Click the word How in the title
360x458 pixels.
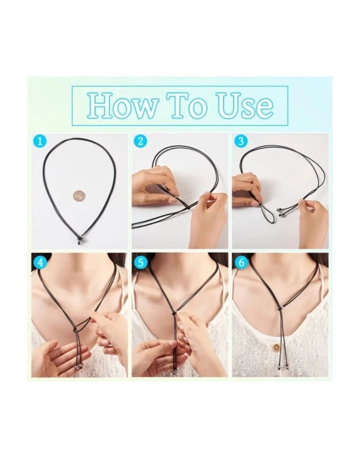(x=123, y=105)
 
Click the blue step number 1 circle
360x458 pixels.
(x=40, y=142)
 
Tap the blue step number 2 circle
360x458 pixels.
(x=140, y=142)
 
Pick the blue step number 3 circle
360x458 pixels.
(x=241, y=142)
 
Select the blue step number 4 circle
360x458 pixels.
(x=41, y=262)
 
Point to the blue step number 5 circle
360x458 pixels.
(x=141, y=262)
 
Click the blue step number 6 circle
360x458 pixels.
(x=242, y=262)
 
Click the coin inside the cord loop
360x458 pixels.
(x=78, y=196)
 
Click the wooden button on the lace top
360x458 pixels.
(x=276, y=347)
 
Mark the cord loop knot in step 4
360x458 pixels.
(x=75, y=329)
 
